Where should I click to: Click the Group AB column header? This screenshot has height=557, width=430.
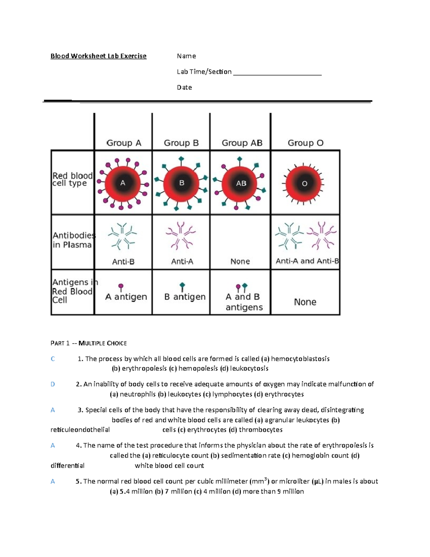(x=242, y=143)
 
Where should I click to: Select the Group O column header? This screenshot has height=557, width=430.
(x=305, y=143)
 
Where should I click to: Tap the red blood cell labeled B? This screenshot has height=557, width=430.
(x=181, y=183)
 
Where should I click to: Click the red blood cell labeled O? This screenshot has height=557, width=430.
(x=304, y=183)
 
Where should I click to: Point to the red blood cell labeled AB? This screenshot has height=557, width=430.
(x=241, y=183)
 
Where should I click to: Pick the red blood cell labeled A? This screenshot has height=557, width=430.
(x=123, y=183)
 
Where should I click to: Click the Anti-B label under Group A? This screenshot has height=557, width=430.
(x=123, y=262)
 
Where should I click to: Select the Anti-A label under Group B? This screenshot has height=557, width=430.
(x=182, y=262)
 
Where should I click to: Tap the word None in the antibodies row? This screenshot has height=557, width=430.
(x=240, y=261)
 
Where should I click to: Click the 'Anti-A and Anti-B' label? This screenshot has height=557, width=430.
(x=307, y=261)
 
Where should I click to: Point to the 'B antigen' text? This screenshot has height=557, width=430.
(x=185, y=297)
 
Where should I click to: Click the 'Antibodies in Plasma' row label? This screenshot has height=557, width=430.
(x=73, y=240)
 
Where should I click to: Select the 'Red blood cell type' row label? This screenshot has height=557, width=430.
(x=72, y=179)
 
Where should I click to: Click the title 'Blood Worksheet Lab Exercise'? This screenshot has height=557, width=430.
(x=98, y=56)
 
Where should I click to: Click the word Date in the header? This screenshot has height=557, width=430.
(x=184, y=88)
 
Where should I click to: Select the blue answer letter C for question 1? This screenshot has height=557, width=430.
(x=53, y=359)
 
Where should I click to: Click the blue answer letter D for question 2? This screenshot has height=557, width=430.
(x=53, y=384)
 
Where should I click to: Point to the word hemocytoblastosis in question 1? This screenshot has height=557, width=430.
(x=300, y=359)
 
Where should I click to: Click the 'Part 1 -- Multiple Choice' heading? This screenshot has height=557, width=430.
(x=89, y=343)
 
